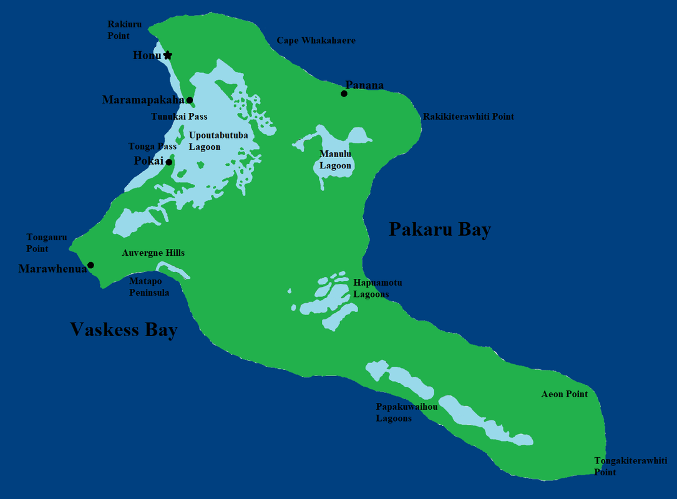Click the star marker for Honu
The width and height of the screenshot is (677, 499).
167,56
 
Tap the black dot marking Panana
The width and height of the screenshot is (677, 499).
344,94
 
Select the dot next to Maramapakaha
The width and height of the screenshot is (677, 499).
190,100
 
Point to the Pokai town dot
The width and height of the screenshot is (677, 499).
169,162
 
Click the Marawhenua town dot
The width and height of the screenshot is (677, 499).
90,265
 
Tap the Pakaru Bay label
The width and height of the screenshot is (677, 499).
440,230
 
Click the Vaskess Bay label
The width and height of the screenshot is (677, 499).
124,329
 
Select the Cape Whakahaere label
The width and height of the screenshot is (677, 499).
316,41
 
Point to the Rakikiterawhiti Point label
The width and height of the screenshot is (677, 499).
468,117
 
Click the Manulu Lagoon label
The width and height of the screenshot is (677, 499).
336,160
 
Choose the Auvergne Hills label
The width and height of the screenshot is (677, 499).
153,253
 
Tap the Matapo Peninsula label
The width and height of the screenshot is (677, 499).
149,287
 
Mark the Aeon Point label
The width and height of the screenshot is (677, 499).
564,394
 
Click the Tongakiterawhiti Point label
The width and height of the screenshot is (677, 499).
630,467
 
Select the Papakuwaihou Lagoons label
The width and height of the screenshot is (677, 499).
406,412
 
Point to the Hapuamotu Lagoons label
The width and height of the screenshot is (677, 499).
377,288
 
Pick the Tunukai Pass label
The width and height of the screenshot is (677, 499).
179,117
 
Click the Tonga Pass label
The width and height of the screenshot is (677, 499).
152,147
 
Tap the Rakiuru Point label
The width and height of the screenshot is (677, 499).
125,30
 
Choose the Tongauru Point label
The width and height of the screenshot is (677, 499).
46,243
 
